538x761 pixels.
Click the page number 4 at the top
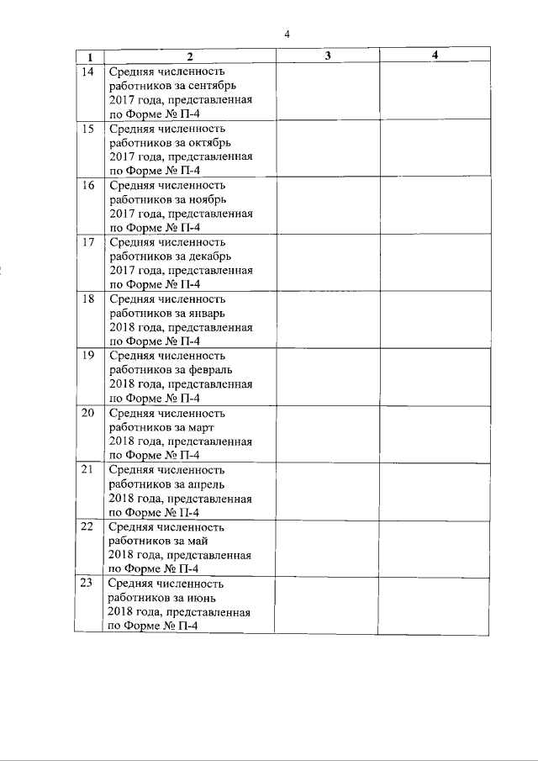(x=287, y=34)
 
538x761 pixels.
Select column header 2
(x=189, y=56)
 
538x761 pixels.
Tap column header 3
(x=327, y=55)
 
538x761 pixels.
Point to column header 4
(x=434, y=55)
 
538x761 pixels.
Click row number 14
(x=87, y=71)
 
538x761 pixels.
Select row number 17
(x=87, y=243)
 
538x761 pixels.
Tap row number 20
(x=87, y=414)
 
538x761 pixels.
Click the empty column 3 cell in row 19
(x=327, y=376)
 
